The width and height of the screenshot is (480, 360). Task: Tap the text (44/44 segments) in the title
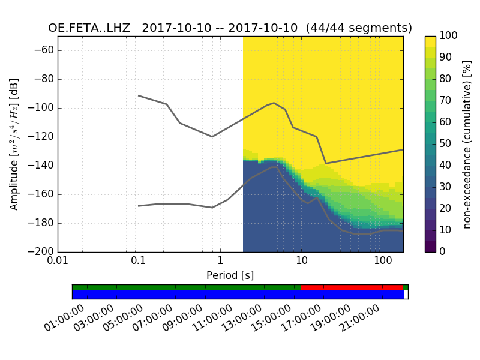coord(359,28)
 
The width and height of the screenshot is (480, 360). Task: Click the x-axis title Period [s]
coord(230,275)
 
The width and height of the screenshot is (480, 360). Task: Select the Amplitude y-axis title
coord(14,144)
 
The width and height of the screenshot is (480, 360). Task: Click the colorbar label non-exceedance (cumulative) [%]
coord(467,144)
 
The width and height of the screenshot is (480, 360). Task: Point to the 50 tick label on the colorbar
coord(446,144)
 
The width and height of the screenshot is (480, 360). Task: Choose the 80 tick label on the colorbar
coord(446,79)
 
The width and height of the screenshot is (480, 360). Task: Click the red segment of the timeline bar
coord(351,287)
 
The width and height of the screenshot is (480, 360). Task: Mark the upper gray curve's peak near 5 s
coord(274,103)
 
